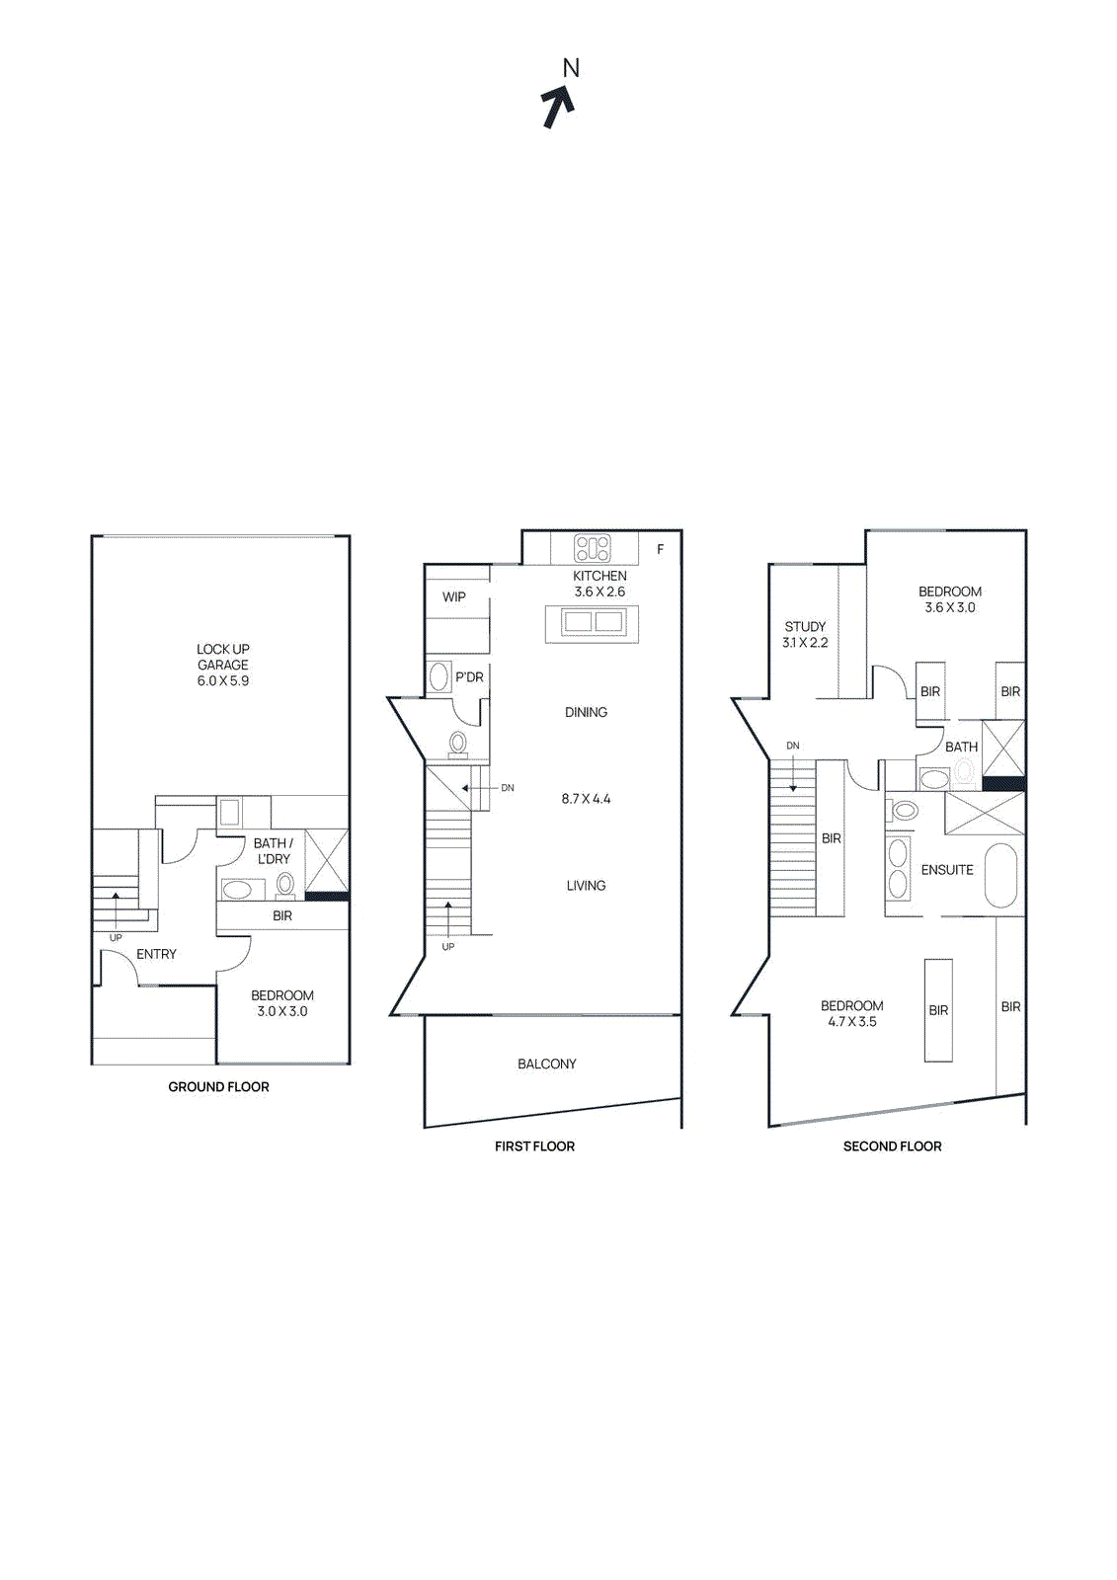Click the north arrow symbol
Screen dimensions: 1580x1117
coord(557,107)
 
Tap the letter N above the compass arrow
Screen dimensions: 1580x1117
coord(571,68)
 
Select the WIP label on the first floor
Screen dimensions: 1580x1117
coord(454,596)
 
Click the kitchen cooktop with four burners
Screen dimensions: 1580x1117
coord(593,548)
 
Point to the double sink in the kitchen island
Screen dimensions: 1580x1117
coord(593,622)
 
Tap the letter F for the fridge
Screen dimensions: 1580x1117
coord(661,549)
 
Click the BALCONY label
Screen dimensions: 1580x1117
coord(546,1064)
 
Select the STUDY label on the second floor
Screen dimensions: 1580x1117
coord(805,626)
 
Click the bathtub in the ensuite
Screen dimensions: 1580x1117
coord(1000,875)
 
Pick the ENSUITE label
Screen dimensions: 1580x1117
coord(947,870)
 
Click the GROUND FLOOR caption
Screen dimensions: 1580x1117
coord(218,1086)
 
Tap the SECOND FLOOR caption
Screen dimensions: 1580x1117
coord(892,1145)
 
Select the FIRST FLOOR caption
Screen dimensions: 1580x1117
coord(534,1145)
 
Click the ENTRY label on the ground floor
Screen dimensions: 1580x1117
coord(156,954)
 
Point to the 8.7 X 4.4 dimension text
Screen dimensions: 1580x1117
coord(586,799)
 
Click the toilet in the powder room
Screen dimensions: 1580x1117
coord(458,743)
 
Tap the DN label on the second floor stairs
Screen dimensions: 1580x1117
coord(793,746)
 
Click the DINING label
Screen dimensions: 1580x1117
coord(586,712)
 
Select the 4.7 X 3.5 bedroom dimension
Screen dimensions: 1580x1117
coord(852,1022)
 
